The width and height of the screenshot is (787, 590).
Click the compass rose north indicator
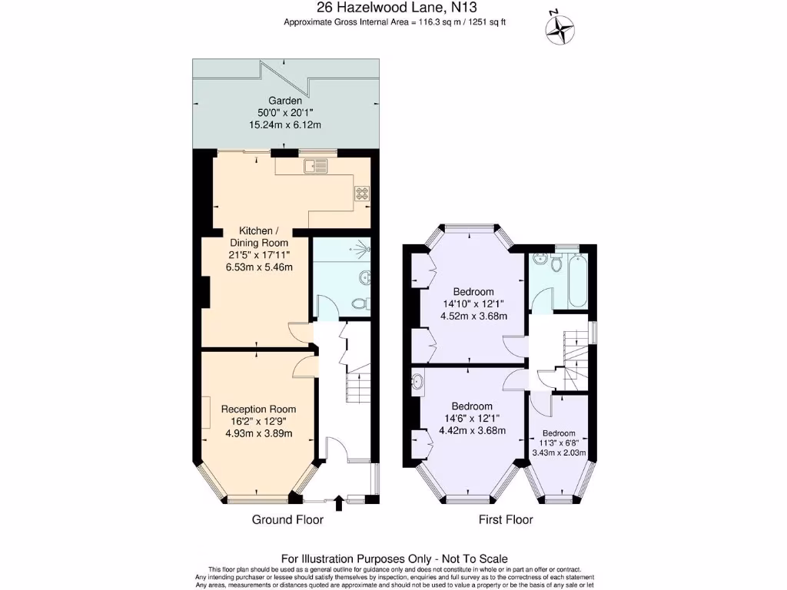pos(560,29)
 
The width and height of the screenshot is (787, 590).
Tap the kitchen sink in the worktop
pos(315,166)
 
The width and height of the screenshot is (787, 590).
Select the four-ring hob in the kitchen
pos(362,193)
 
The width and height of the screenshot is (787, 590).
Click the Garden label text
pos(285,101)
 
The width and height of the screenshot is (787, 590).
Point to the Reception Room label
pos(258,409)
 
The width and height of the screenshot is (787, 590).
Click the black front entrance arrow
pos(339,503)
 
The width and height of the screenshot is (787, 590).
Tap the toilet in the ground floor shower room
pos(361,303)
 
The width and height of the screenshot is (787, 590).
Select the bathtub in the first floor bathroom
pos(578,281)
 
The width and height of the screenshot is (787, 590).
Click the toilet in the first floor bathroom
pos(556,262)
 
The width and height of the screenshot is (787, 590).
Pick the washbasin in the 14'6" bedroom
pos(417,383)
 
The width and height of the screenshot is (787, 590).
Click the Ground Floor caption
pos(287,520)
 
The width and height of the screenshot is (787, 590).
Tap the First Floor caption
pos(506,520)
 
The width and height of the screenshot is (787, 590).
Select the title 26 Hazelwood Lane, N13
pos(397,8)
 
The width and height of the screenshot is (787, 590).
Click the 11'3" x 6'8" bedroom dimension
pos(559,443)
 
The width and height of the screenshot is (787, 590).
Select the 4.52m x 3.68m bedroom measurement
pos(473,316)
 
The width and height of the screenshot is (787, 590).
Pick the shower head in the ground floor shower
pos(363,247)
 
